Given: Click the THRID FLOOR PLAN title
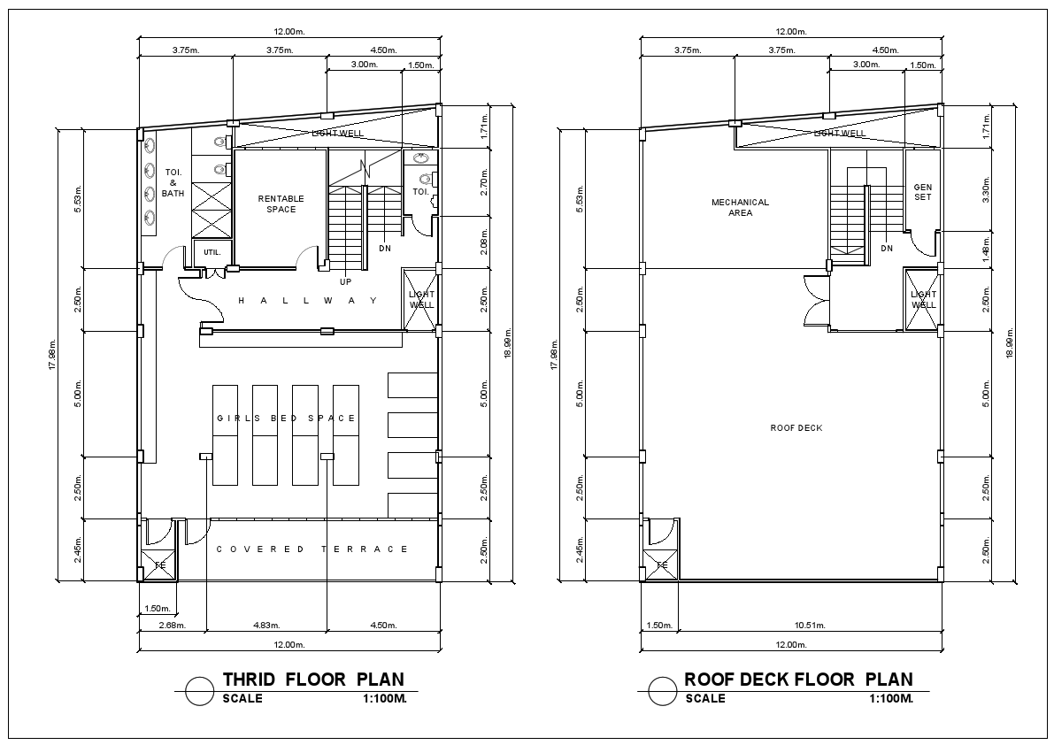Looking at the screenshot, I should pos(313,680).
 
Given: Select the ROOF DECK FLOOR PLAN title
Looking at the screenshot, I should pos(798,680).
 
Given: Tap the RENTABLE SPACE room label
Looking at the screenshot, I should pos(281,204).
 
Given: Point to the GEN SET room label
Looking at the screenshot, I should pos(922,192).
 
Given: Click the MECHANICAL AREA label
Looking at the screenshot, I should pos(740,207).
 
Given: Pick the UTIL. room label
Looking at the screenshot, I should pos(211,252).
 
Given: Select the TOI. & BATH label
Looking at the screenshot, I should pos(173,182).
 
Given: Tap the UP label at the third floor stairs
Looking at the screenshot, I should pos(346,281).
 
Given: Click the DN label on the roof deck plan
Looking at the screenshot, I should pos(887,249).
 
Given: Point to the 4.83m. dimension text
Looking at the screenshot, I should pos(266,626).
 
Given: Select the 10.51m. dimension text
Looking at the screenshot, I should pos(810,626).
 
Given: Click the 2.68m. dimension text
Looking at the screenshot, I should pos(172,626).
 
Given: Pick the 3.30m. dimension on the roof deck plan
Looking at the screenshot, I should pos(987,188).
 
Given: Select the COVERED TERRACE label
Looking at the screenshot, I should pos(312,549).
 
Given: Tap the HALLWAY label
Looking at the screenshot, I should pos(307,301).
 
